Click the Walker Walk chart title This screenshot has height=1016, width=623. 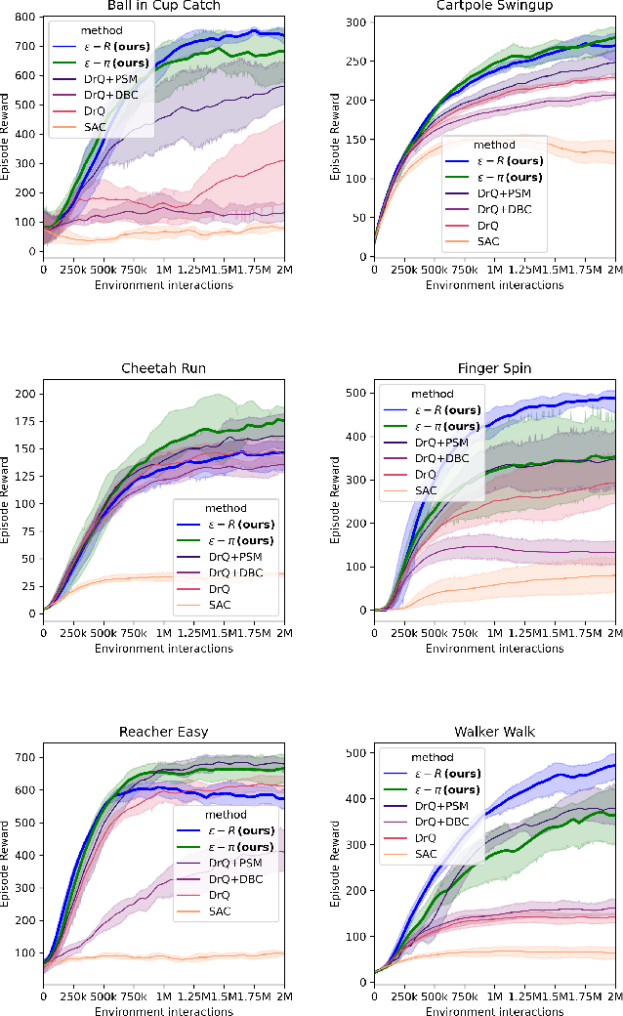pos(496,732)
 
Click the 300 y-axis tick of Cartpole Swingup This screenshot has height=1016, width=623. pos(361,21)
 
